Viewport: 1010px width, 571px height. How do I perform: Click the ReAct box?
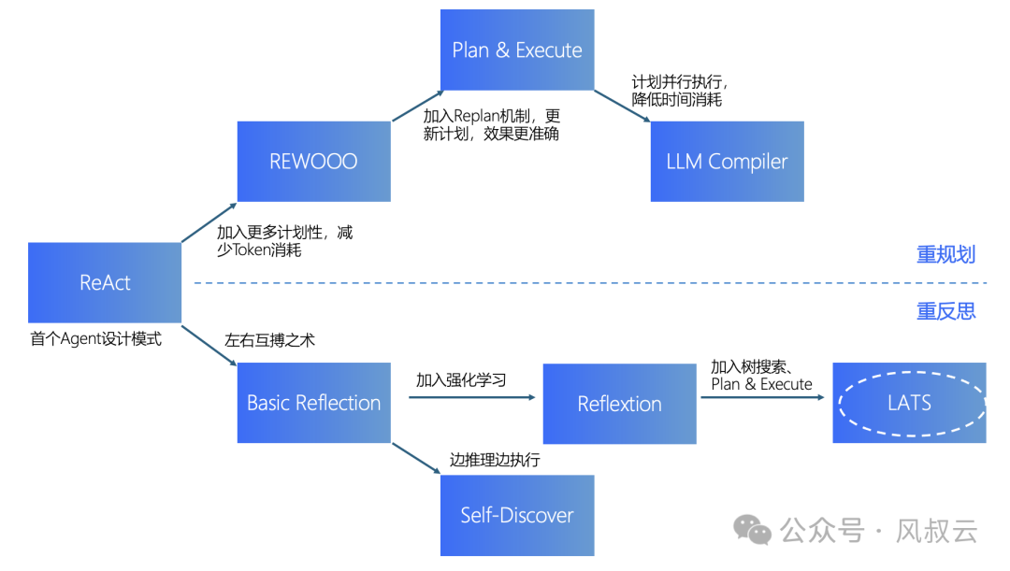pyautogui.click(x=105, y=282)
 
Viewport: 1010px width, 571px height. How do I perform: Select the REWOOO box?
pyautogui.click(x=313, y=161)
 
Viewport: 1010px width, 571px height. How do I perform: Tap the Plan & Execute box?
pyautogui.click(x=517, y=50)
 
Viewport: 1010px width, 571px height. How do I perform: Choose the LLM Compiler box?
pyautogui.click(x=727, y=161)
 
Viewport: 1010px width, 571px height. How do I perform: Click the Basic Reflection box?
pyautogui.click(x=313, y=403)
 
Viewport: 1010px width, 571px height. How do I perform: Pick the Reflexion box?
pyautogui.click(x=619, y=404)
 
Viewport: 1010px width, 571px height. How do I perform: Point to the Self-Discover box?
pyautogui.click(x=517, y=514)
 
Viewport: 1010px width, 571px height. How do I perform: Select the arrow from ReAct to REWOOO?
pyautogui.click(x=209, y=222)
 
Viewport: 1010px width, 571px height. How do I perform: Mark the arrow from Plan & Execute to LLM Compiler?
pyautogui.click(x=622, y=106)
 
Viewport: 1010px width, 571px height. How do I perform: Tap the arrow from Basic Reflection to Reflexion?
pyautogui.click(x=472, y=397)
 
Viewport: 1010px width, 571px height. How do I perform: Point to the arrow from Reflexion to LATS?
pyautogui.click(x=762, y=397)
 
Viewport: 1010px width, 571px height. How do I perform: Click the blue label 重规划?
pyautogui.click(x=945, y=255)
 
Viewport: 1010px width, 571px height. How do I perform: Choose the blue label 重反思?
pyautogui.click(x=945, y=311)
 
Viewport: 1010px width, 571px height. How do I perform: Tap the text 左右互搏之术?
pyautogui.click(x=269, y=340)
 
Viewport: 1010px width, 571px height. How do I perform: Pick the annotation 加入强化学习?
pyautogui.click(x=461, y=379)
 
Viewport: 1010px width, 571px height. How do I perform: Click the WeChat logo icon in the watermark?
pyautogui.click(x=753, y=530)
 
